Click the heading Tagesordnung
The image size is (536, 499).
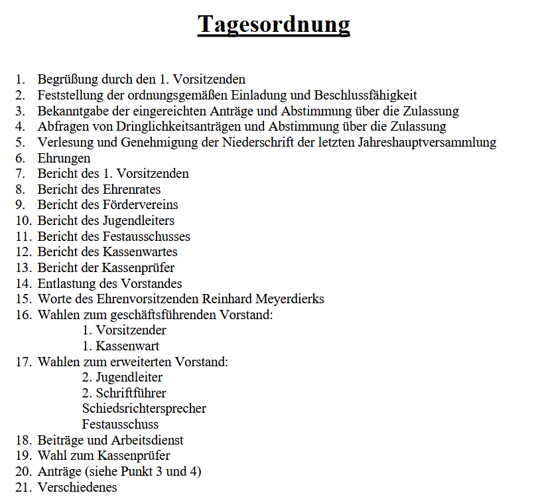point(273,25)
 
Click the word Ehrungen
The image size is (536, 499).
point(64,158)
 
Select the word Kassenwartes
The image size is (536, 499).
point(139,252)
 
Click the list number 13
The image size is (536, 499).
point(24,268)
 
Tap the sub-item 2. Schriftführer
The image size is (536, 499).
point(124,393)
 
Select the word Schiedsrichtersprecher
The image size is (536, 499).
point(144,409)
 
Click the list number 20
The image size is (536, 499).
point(24,472)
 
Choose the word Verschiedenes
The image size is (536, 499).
point(77,488)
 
